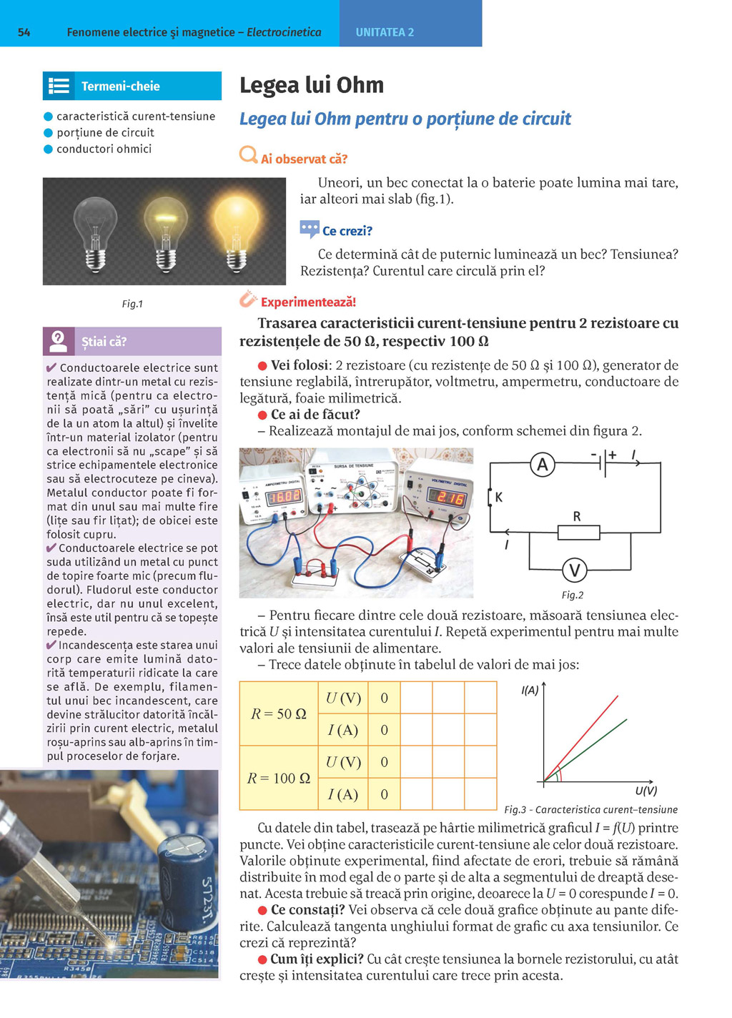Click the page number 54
tap(24, 32)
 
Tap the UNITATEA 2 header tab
tap(385, 32)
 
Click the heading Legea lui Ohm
tap(312, 85)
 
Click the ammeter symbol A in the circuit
tap(543, 465)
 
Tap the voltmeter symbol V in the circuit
tap(574, 570)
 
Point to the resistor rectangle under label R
tap(578, 532)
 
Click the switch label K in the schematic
tap(498, 497)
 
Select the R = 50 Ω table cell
tap(278, 713)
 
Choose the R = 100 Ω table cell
tap(278, 778)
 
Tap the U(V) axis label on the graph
tap(646, 791)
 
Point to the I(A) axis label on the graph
tap(530, 690)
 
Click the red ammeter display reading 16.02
tap(284, 495)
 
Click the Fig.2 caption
tap(572, 595)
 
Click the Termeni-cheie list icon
tap(59, 87)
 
